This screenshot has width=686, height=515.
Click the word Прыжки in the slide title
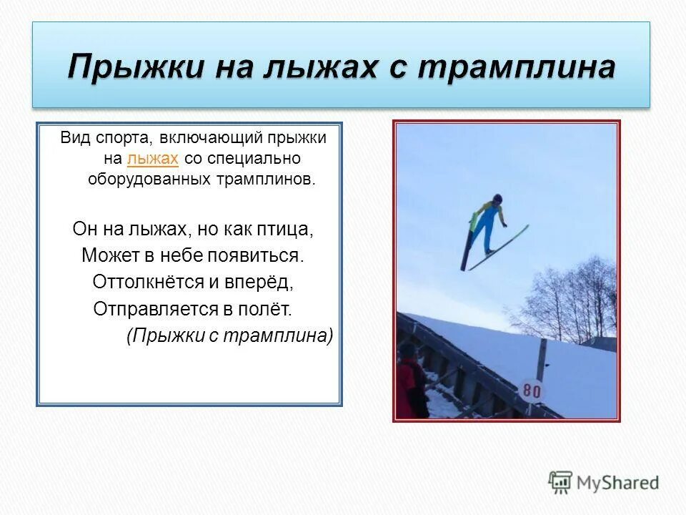click(x=128, y=67)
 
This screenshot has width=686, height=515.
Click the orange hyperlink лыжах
click(x=152, y=158)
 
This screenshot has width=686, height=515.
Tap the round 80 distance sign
click(x=532, y=391)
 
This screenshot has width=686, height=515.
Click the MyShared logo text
click(x=618, y=482)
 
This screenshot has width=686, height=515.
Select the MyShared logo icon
click(x=560, y=482)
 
